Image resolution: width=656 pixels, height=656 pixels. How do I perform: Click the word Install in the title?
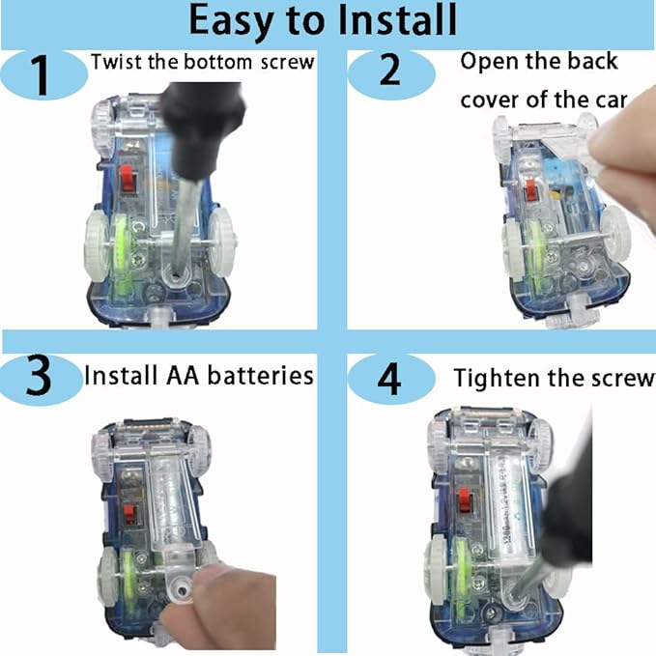click(x=396, y=20)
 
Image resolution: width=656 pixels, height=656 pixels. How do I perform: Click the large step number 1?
click(x=42, y=75)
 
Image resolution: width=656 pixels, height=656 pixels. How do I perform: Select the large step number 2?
click(x=390, y=71)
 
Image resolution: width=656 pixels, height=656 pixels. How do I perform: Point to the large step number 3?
click(x=39, y=376)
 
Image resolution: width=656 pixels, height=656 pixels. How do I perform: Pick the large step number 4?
click(x=389, y=379)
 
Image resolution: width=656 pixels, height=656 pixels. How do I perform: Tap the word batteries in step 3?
click(x=260, y=375)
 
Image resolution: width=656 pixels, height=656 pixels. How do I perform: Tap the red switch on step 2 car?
click(x=531, y=191)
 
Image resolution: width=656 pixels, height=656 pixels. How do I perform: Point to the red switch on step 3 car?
click(x=130, y=514)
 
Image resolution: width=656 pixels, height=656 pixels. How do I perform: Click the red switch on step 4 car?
click(x=465, y=500)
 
